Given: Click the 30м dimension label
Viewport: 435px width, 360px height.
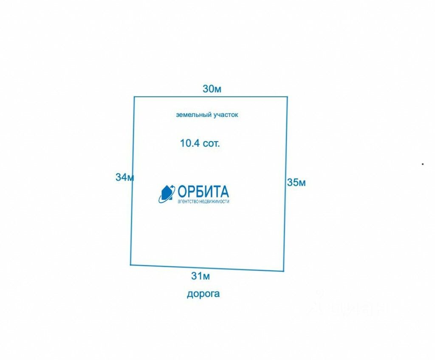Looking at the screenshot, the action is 212,89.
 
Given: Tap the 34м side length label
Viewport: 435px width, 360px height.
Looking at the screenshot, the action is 125,177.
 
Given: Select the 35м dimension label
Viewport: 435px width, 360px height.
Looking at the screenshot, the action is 297,183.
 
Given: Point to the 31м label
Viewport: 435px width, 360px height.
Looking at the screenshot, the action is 201,276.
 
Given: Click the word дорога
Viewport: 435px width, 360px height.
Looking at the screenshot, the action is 203,294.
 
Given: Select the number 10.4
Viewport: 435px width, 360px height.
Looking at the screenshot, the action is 190,143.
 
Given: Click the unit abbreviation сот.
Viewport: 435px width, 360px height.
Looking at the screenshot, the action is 212,144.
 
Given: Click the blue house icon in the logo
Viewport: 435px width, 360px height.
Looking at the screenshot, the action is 167,194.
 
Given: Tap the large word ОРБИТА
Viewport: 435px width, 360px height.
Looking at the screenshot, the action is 203,191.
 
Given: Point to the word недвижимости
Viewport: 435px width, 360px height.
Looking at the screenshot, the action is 216,201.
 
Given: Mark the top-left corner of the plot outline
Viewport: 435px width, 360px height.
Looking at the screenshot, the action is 134,97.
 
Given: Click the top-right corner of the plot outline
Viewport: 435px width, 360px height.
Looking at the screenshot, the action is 288,97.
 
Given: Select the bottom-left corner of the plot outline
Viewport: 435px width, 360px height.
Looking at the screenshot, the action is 130,265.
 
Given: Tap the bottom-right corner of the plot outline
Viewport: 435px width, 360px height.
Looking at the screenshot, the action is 283,271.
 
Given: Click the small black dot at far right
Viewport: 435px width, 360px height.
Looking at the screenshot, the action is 423,163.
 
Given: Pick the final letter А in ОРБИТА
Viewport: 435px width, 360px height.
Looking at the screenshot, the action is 223,191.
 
